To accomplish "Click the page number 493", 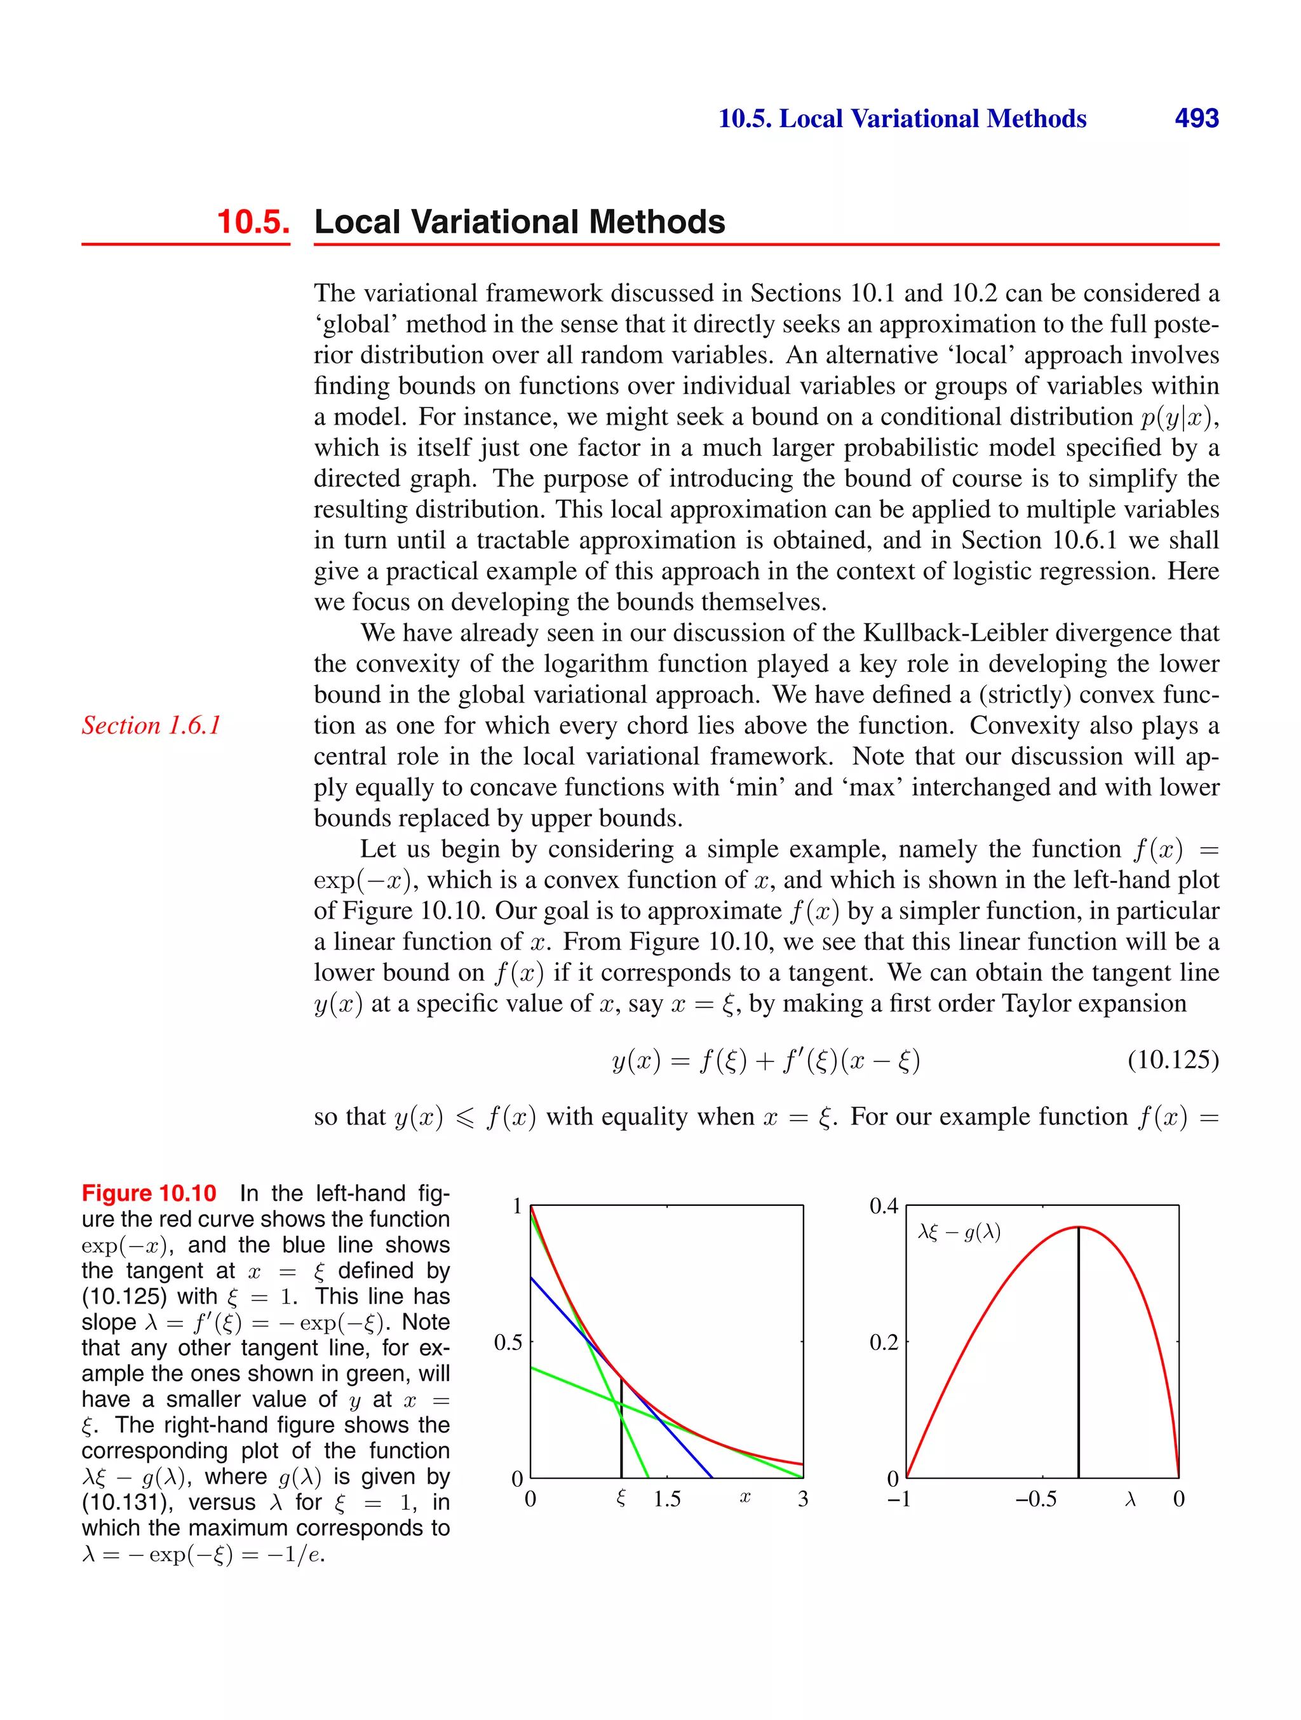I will [1196, 118].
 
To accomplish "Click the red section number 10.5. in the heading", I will [253, 222].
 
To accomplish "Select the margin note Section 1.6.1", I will [152, 725].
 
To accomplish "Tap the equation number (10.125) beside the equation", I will [1172, 1059].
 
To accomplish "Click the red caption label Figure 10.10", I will [149, 1193].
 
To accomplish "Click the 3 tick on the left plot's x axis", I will [803, 1499].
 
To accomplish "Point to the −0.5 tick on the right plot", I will [1036, 1499].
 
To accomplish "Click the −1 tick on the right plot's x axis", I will [899, 1499].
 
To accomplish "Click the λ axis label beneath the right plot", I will [1131, 1499].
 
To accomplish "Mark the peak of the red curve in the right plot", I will [1079, 1227].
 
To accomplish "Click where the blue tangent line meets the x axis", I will [712, 1477].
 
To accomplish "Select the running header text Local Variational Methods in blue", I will [932, 118].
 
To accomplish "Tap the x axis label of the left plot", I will [745, 1498].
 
